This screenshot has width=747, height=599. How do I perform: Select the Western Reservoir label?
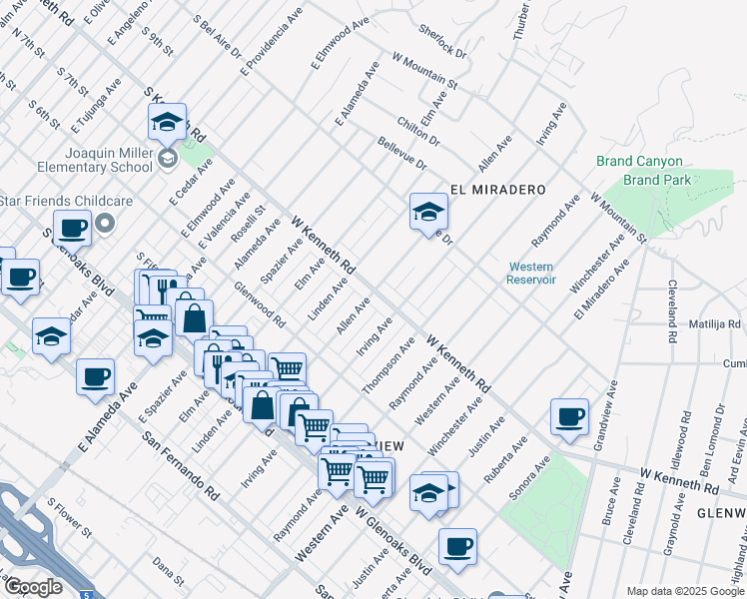click(531, 273)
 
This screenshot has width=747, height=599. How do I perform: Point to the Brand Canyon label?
click(639, 162)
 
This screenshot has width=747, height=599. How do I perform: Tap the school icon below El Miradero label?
click(428, 213)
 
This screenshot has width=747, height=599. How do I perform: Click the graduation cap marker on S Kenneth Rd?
click(166, 124)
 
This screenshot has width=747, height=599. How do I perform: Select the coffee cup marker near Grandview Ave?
click(570, 417)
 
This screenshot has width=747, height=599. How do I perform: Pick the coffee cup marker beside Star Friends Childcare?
click(72, 229)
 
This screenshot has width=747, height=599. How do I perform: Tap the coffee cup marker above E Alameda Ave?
click(95, 378)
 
